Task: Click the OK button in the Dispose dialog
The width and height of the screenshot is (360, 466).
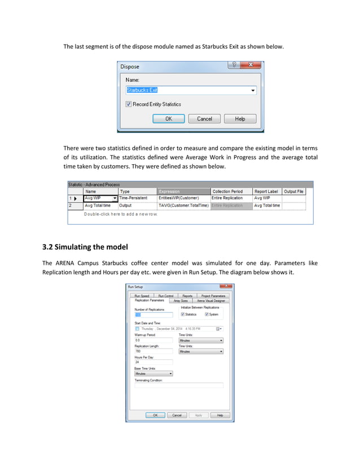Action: [168, 118]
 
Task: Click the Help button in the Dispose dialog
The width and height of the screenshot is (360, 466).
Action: [240, 118]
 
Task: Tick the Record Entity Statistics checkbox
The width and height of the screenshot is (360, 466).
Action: [129, 104]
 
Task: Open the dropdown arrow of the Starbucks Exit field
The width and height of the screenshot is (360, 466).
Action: [252, 90]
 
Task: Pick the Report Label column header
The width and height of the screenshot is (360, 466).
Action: [266, 191]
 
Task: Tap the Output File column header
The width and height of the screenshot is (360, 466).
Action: [293, 191]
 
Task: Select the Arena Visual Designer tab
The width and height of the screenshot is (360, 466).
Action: [211, 301]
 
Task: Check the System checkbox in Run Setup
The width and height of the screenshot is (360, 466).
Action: [207, 314]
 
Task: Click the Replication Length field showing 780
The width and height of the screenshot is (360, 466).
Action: [153, 351]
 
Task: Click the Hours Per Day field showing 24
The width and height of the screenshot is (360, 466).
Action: [153, 362]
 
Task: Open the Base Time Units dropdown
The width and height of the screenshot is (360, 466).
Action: [170, 373]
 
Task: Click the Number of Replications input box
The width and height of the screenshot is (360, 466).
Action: [153, 315]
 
